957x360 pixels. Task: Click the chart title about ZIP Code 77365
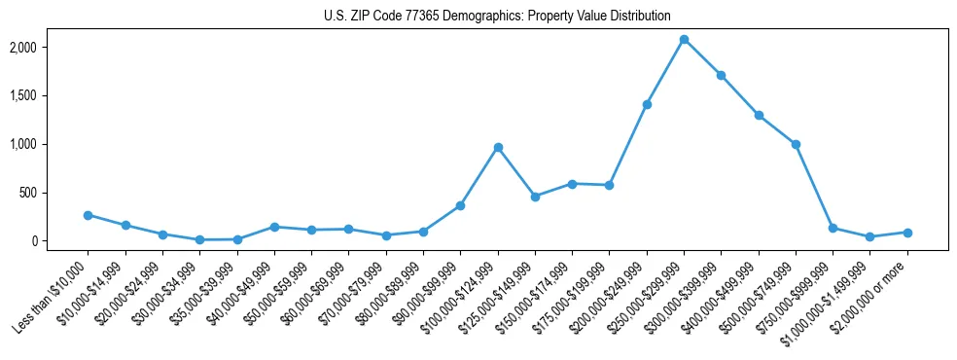coord(497,16)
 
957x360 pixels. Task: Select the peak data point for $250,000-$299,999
coord(684,40)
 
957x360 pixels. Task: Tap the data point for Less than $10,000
coord(88,215)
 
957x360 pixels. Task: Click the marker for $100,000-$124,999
coord(498,147)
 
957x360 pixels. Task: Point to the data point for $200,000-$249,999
coord(647,104)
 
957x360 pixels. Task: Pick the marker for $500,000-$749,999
coord(796,144)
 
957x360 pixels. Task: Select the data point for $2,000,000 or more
coord(907,233)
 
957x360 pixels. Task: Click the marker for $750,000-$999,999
coord(833,228)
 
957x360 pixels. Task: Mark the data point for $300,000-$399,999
coord(721,75)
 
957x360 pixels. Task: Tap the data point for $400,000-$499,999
coord(759,115)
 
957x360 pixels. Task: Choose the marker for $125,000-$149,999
coord(535,197)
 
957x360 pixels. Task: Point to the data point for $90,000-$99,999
coord(460,205)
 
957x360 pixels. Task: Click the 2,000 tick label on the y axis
coord(51,48)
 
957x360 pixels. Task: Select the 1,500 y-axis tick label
coord(51,96)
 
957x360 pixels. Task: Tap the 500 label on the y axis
coord(56,193)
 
